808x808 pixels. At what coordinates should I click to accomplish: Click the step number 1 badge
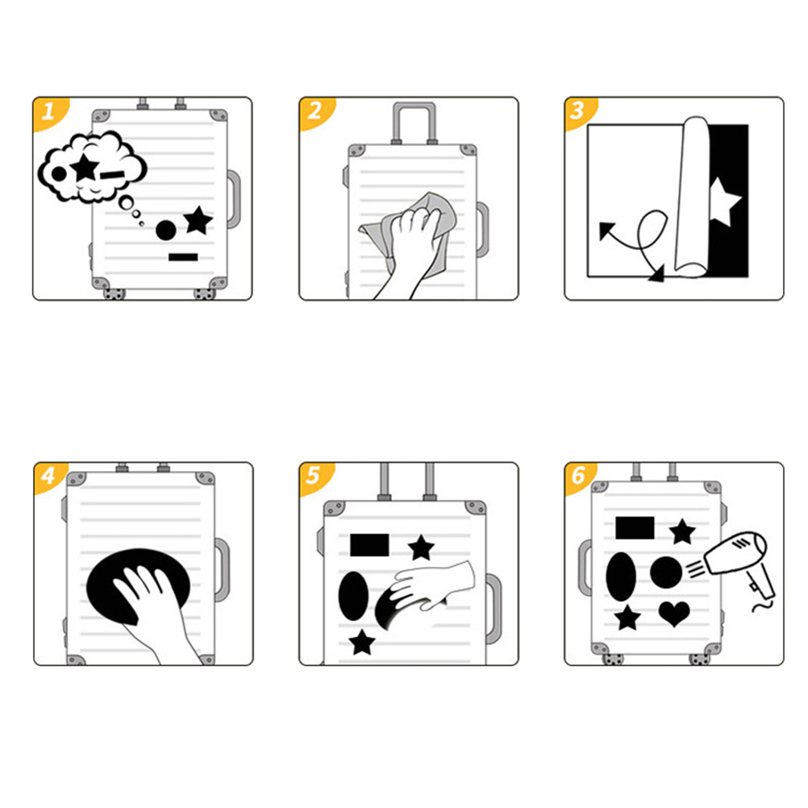pyautogui.click(x=48, y=110)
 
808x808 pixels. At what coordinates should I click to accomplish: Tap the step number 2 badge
pyautogui.click(x=314, y=110)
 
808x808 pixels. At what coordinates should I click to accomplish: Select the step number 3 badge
pyautogui.click(x=579, y=110)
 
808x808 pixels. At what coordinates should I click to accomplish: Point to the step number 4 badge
pyautogui.click(x=48, y=476)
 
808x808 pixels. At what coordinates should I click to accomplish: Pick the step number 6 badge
pyautogui.click(x=579, y=476)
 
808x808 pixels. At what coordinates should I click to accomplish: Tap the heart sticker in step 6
pyautogui.click(x=674, y=613)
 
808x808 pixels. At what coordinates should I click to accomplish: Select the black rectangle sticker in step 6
pyautogui.click(x=635, y=527)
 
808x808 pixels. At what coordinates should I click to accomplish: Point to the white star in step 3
pyautogui.click(x=724, y=201)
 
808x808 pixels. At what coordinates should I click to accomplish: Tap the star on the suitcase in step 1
pyautogui.click(x=198, y=220)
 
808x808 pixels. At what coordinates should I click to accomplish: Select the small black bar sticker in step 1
pyautogui.click(x=183, y=257)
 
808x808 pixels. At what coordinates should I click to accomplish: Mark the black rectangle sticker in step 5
pyautogui.click(x=369, y=545)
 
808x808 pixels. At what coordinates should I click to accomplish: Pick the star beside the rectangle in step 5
pyautogui.click(x=421, y=548)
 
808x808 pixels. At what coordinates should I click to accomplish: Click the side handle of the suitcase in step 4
pyautogui.click(x=223, y=570)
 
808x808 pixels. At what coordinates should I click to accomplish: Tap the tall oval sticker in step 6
pyautogui.click(x=621, y=577)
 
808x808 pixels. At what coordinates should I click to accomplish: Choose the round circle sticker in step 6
pyautogui.click(x=666, y=573)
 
